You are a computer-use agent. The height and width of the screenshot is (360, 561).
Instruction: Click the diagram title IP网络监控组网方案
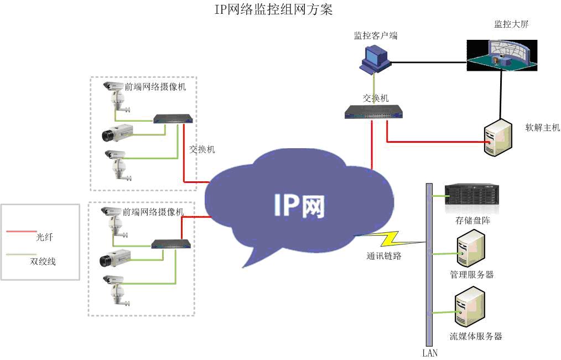pos(273,10)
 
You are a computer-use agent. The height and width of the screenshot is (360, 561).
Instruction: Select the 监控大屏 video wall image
pos(501,55)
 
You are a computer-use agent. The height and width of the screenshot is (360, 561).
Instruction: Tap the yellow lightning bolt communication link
pos(387,239)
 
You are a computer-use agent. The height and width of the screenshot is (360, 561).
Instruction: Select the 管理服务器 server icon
pos(470,248)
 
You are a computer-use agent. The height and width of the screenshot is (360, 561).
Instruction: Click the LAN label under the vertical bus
pos(429,353)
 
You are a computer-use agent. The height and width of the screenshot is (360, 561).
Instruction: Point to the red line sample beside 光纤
pos(22,231)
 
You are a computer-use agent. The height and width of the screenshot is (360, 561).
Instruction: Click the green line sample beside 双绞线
pos(22,255)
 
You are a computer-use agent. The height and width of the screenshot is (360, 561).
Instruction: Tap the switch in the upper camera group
pos(173,119)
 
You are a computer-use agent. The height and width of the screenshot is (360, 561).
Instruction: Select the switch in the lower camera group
pos(173,244)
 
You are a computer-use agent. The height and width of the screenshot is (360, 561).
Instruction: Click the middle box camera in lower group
pos(115,258)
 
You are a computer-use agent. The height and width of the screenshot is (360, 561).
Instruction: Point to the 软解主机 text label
pos(542,128)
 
